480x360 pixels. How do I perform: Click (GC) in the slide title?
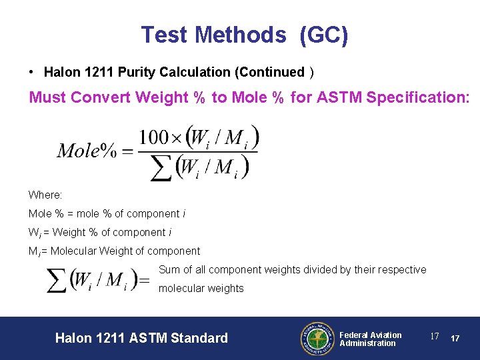[x=324, y=35]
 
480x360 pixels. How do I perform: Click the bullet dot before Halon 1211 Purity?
[x=31, y=71]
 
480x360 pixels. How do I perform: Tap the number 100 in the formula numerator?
[x=155, y=137]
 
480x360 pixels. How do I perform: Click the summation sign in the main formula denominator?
[x=160, y=167]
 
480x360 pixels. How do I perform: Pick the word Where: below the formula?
[x=45, y=195]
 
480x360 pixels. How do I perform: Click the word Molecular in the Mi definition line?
[x=75, y=251]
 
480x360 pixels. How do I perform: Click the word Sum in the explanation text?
[x=169, y=269]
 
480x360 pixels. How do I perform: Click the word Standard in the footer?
[x=199, y=338]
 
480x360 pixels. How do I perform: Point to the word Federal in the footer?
[x=355, y=335]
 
